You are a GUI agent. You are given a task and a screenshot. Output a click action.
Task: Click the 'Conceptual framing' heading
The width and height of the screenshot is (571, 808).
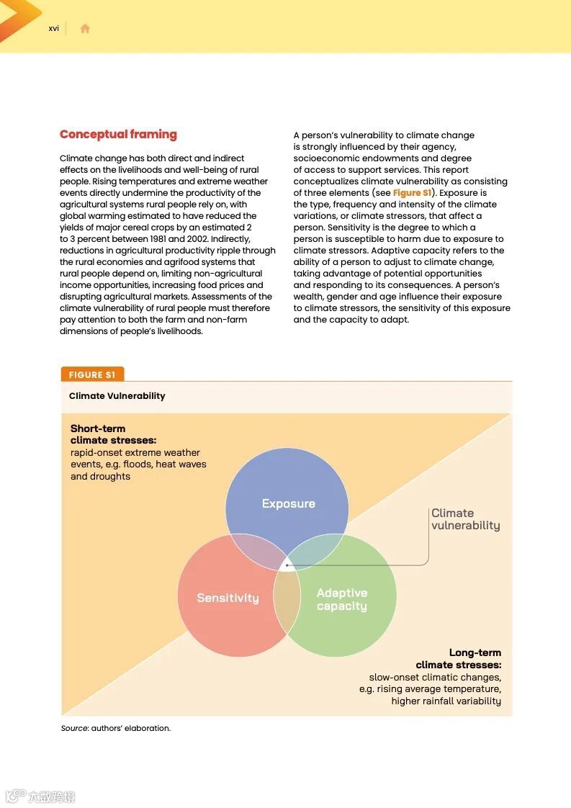(118, 135)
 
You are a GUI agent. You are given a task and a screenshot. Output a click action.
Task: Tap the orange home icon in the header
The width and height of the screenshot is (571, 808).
(85, 29)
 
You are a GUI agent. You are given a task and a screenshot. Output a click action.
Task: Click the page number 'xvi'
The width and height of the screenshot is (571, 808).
(54, 29)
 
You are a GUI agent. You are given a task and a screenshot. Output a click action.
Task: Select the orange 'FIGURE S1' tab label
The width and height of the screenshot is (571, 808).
(92, 374)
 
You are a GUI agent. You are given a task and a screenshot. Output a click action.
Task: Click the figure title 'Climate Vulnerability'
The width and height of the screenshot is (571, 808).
(117, 396)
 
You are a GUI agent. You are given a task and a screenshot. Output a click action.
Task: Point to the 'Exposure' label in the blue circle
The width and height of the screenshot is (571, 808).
(288, 504)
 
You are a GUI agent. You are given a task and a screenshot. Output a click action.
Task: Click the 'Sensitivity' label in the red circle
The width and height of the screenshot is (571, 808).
(228, 598)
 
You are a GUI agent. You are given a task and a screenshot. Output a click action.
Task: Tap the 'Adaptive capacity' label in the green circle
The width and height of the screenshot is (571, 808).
(342, 599)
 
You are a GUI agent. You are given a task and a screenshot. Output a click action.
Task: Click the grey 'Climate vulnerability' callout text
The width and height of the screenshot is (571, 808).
(465, 519)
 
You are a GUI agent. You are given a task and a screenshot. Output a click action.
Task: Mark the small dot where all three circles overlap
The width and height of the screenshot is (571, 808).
(287, 565)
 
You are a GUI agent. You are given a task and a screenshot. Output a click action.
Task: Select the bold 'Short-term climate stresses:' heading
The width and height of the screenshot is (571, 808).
(113, 434)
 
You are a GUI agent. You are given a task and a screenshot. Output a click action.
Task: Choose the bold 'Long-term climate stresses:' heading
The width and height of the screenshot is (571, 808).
(459, 659)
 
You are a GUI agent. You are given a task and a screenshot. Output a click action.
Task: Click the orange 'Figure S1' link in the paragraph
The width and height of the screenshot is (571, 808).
(412, 193)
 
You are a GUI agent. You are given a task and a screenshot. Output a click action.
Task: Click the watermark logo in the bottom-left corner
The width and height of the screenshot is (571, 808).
(40, 796)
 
